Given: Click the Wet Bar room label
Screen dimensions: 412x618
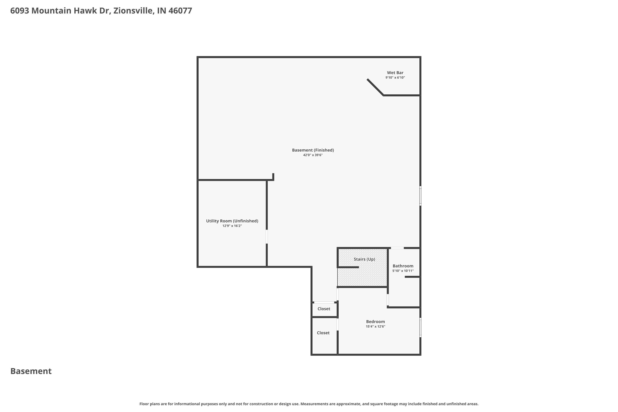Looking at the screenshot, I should tap(395, 73).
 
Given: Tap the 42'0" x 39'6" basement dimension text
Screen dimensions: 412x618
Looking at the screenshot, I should tap(313, 155).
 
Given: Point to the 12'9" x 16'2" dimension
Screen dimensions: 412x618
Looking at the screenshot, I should tap(232, 226).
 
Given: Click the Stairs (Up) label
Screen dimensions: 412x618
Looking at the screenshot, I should tap(364, 259).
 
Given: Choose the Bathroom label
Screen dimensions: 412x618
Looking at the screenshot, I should tap(403, 266).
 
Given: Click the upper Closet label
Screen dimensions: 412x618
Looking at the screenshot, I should tap(324, 309).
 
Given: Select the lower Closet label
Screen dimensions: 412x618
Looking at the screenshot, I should tap(323, 333).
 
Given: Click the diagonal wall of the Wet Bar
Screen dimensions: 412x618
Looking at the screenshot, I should tap(375, 87).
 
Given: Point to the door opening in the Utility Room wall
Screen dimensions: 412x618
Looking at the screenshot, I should tap(267, 236).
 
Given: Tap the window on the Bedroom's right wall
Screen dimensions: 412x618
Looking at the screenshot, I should tap(420, 327).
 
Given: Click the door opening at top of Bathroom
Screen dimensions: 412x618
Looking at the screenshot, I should tap(397, 248).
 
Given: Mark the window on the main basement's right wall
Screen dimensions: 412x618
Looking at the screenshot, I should tap(420, 196).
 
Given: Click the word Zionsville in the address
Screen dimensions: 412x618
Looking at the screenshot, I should tap(134, 11).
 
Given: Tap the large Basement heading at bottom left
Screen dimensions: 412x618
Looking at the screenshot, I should tap(31, 371).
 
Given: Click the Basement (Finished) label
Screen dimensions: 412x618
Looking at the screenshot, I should tap(313, 150).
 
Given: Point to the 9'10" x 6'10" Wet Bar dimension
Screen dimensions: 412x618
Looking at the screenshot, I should tap(395, 77).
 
